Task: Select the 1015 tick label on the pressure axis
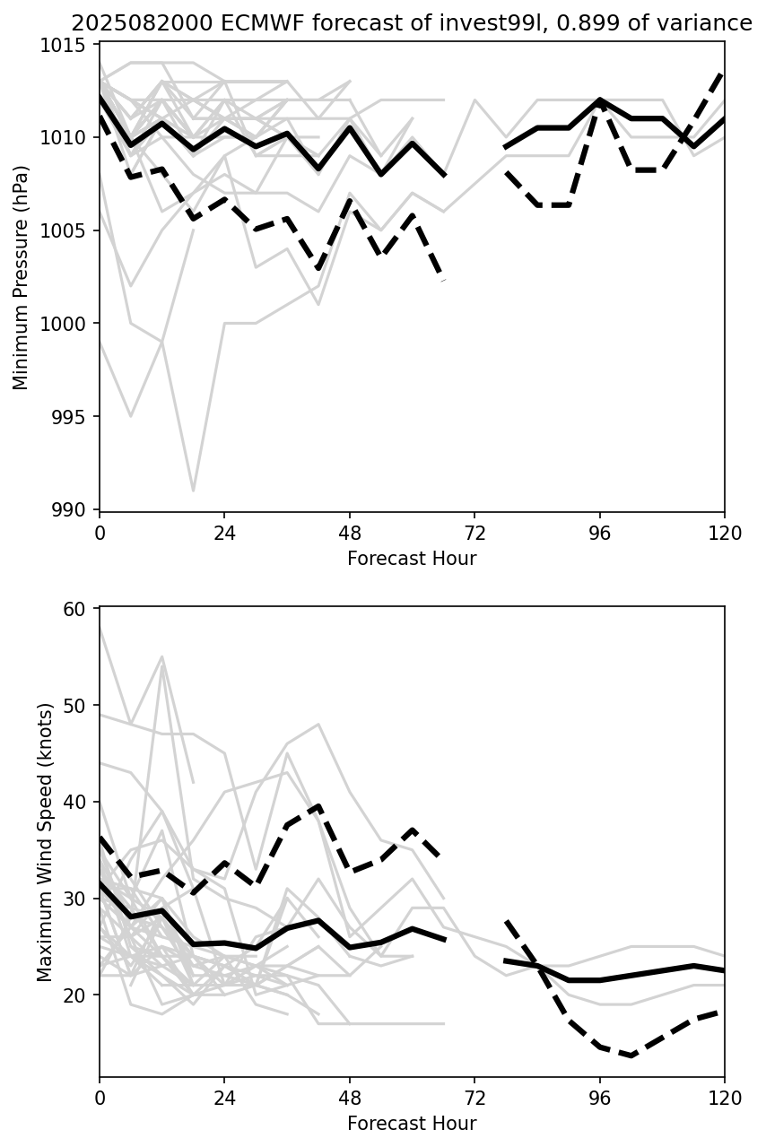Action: tap(68, 45)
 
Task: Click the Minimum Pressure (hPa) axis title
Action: tap(22, 277)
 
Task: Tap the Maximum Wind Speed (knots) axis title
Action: tap(45, 841)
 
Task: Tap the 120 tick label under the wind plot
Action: tap(724, 1099)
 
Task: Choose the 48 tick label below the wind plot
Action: tap(350, 1099)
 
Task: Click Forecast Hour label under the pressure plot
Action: tap(412, 559)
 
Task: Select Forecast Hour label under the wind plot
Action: tap(412, 1124)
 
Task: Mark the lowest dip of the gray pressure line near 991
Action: tap(193, 491)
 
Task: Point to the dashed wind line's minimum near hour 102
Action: tap(631, 1056)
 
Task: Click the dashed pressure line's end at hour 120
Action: tap(723, 73)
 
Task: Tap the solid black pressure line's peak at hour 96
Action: tap(599, 100)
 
